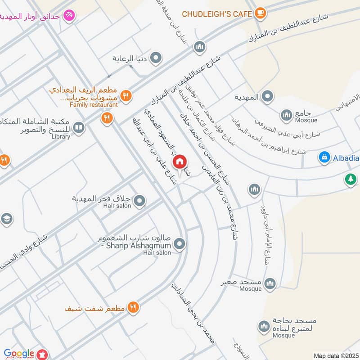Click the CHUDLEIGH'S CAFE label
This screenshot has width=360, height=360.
pos(217,14)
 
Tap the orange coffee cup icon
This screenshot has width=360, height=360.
pos(260,13)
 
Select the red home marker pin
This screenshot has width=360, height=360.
pos(180,161)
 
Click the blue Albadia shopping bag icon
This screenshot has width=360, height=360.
pos(324,157)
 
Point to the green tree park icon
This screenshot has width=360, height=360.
pos(350,179)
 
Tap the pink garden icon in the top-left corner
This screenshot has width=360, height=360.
pos(69,15)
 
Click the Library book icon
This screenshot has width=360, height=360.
pos(79,128)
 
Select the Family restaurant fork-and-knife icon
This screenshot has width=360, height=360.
pos(126,95)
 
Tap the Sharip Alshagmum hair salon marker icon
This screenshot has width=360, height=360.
pos(180,244)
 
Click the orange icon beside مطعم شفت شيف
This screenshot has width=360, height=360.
pos(133,307)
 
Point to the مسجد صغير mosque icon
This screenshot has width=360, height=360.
pos(270,283)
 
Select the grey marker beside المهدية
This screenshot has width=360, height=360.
pos(268,96)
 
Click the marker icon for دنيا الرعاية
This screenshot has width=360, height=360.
pos(156,58)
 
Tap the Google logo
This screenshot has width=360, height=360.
pos(19,354)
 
